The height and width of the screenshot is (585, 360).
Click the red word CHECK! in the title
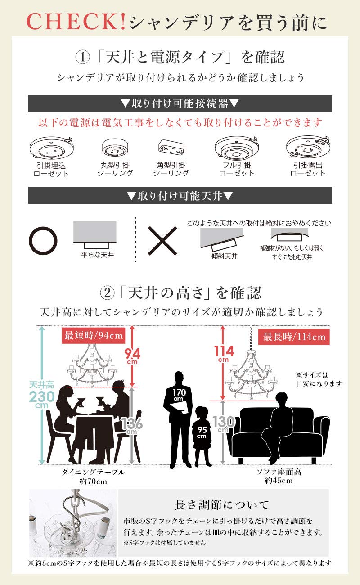coord(76,22)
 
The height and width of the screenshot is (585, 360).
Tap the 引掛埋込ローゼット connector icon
coord(51,148)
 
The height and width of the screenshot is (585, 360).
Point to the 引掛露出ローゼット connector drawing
coord(308,147)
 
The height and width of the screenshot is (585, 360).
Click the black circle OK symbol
coord(43,241)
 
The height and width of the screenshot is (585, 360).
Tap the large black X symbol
coord(162,241)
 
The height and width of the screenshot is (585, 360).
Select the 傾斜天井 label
coord(225,256)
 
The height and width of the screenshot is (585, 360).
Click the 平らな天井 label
coord(98,255)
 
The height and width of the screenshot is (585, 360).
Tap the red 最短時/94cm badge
coord(94,335)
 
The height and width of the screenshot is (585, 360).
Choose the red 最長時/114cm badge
coord(294,337)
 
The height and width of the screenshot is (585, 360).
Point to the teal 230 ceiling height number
coord(42,396)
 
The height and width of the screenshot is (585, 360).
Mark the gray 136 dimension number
coord(132,423)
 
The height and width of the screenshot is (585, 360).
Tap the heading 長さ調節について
coord(222,504)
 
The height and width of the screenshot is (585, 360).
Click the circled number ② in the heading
coord(108,293)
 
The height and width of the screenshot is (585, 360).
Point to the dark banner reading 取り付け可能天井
coord(180,195)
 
